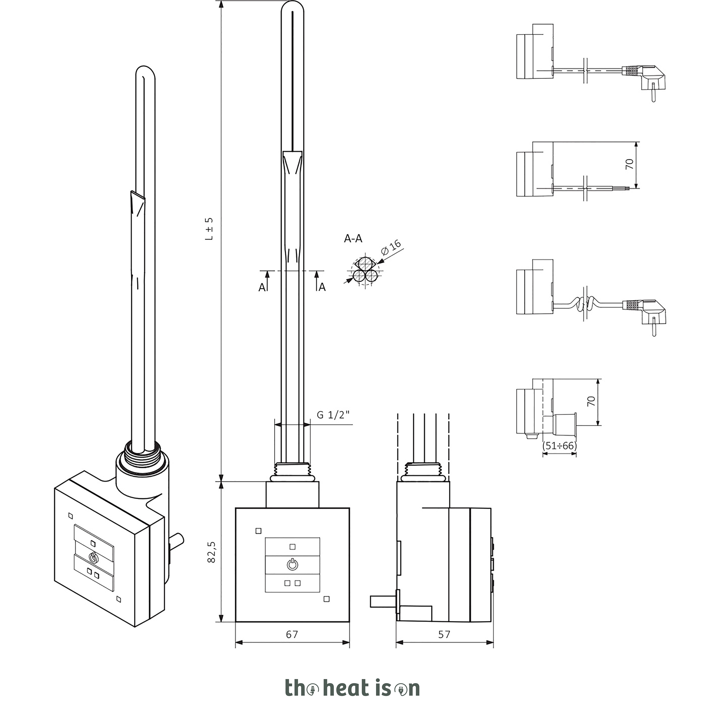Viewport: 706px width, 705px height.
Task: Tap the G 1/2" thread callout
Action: pyautogui.click(x=333, y=415)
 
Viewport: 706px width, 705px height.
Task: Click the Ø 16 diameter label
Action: pyautogui.click(x=391, y=248)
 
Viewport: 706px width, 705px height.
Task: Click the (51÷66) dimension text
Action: pyautogui.click(x=560, y=446)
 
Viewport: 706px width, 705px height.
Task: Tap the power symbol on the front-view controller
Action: pyautogui.click(x=292, y=565)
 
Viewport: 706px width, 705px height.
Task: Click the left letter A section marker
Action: pyautogui.click(x=262, y=288)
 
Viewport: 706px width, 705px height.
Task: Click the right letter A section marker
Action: pyautogui.click(x=322, y=288)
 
